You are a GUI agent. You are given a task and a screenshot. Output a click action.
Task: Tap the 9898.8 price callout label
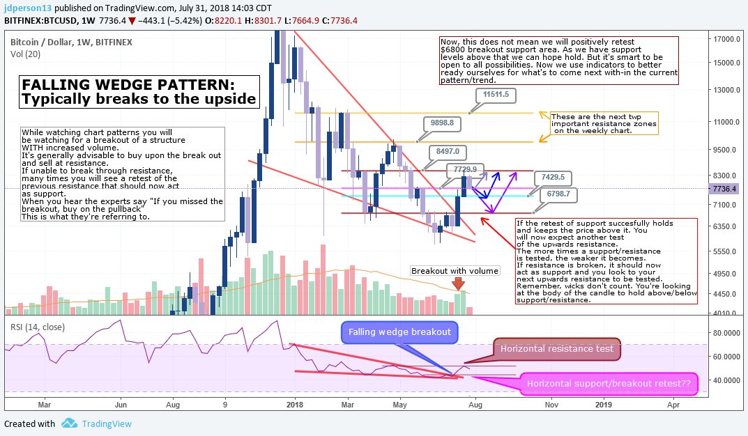click(x=442, y=123)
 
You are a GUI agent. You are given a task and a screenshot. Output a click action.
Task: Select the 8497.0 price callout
click(x=448, y=151)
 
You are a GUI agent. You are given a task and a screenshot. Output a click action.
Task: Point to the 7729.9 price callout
click(x=464, y=169)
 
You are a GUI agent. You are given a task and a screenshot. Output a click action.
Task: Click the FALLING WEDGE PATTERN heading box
click(x=139, y=92)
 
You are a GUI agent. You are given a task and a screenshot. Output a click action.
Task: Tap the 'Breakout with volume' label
click(x=455, y=271)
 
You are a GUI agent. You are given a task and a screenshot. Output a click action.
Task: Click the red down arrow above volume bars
click(x=458, y=283)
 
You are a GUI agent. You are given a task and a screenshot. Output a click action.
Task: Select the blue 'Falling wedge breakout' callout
click(x=399, y=332)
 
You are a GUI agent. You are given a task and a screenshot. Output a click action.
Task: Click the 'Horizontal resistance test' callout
click(x=556, y=348)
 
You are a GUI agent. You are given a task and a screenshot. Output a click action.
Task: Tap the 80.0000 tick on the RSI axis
click(x=726, y=333)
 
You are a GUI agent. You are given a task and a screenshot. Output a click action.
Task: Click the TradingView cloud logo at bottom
click(x=69, y=423)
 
